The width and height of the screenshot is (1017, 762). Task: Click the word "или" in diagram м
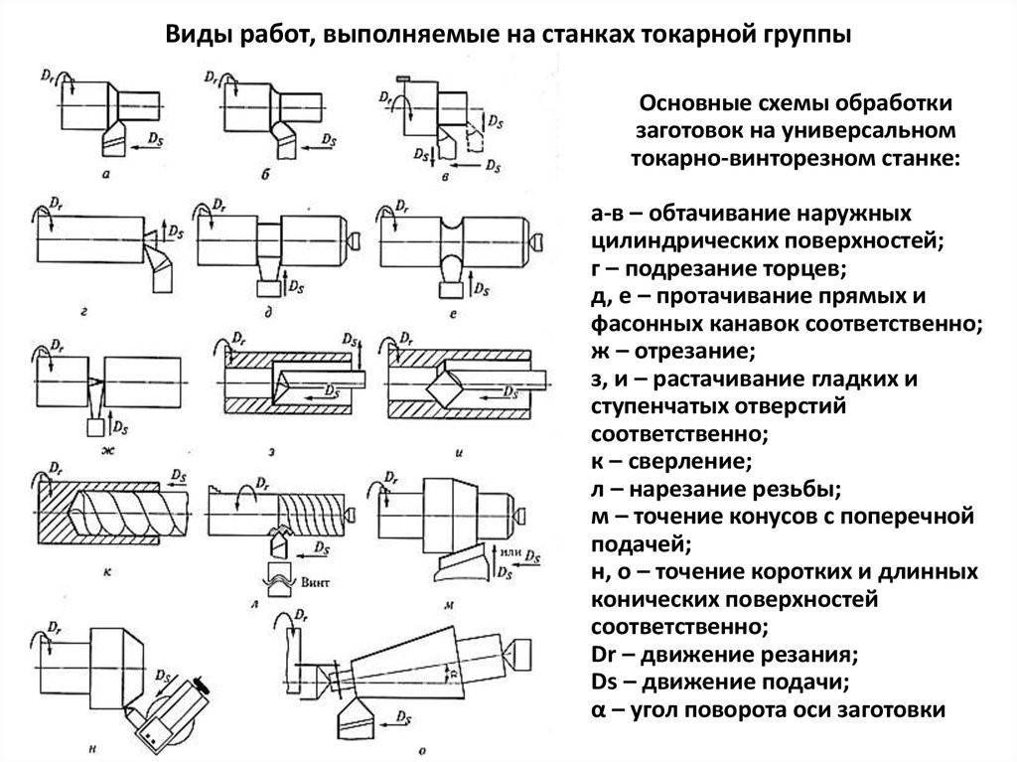pyautogui.click(x=508, y=552)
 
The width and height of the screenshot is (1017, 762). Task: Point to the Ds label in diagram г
pyautogui.click(x=176, y=231)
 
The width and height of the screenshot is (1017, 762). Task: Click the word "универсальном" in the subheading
pyautogui.click(x=831, y=130)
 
